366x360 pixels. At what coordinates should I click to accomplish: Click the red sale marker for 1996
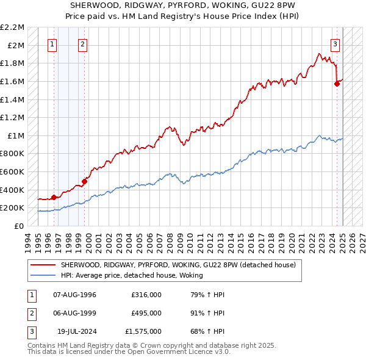pyautogui.click(x=54, y=196)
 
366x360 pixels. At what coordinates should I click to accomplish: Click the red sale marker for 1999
pyautogui.click(x=85, y=181)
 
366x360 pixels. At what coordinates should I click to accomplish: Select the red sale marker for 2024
pyautogui.click(x=337, y=84)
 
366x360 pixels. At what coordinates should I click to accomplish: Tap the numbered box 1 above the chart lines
pyautogui.click(x=52, y=43)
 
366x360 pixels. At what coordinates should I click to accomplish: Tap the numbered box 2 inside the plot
pyautogui.click(x=82, y=43)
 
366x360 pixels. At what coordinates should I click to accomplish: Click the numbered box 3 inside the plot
pyautogui.click(x=335, y=43)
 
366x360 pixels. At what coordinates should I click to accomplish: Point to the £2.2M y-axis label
pyautogui.click(x=13, y=27)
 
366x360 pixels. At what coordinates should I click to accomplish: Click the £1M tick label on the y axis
pyautogui.click(x=16, y=135)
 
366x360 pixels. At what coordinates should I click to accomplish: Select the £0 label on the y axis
pyautogui.click(x=20, y=226)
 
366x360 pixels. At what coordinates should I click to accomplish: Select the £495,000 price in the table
pyautogui.click(x=146, y=313)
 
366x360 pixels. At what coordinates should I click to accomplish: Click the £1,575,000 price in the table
pyautogui.click(x=143, y=331)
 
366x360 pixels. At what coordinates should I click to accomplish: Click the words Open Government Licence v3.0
pyautogui.click(x=182, y=352)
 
